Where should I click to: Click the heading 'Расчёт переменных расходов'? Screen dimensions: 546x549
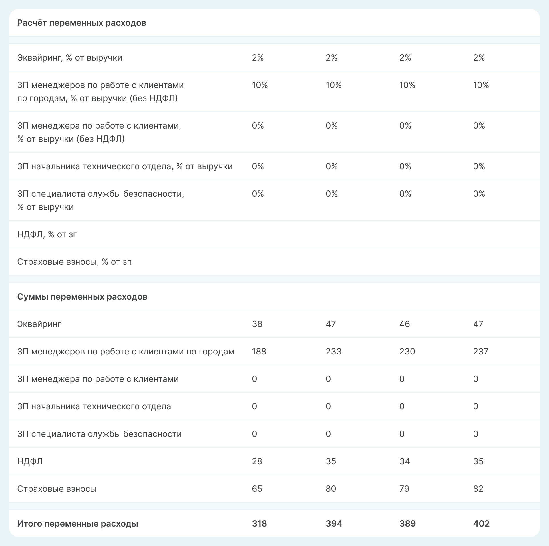click(81, 23)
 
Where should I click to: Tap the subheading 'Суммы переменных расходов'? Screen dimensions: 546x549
click(82, 297)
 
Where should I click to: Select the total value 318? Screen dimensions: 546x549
click(259, 523)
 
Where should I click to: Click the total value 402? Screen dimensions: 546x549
click(481, 523)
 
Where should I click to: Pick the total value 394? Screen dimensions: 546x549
click(334, 523)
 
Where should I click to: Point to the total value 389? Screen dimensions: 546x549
click(407, 523)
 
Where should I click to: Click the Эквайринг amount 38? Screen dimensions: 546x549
click(257, 324)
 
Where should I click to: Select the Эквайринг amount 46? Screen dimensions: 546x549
click(405, 324)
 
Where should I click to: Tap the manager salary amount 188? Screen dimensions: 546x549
click(259, 351)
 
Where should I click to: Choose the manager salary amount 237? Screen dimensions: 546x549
click(481, 351)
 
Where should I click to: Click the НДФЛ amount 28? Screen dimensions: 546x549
click(257, 461)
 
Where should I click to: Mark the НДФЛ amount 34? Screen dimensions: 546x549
click(405, 461)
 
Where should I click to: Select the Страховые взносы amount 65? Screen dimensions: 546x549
click(257, 489)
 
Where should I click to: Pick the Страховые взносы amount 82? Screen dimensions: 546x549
click(478, 489)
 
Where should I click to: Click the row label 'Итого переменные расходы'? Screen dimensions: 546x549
click(77, 523)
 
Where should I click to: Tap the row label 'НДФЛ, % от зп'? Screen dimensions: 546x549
click(47, 234)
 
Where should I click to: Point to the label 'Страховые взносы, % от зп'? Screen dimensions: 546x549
click(74, 262)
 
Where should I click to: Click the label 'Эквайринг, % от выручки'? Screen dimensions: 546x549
click(70, 58)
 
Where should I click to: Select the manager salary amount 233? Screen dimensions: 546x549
click(333, 351)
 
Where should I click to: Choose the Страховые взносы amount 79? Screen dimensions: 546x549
click(404, 489)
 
